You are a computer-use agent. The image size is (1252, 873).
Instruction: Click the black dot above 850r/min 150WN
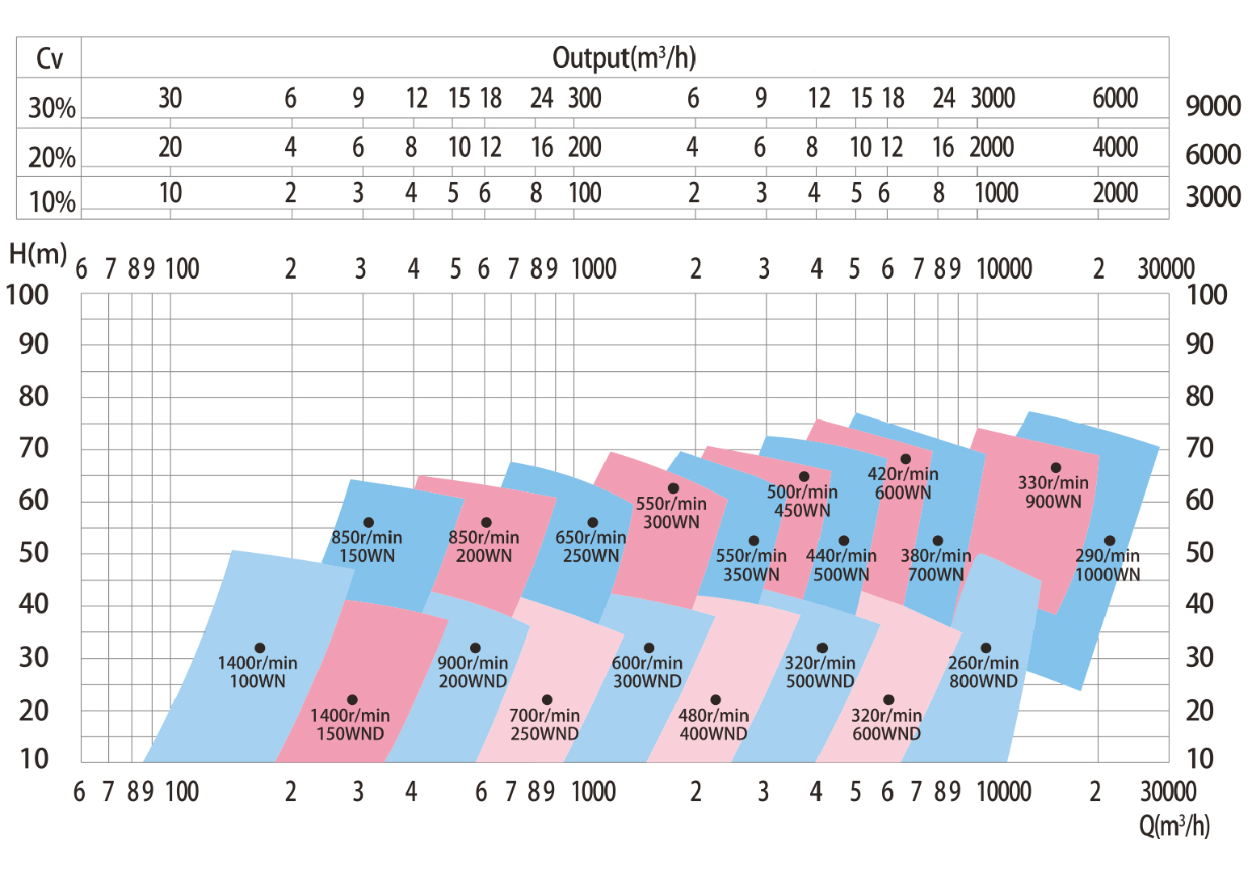368,523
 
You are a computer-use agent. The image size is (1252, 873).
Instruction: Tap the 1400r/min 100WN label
258,672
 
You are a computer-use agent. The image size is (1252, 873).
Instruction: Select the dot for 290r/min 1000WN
1109,541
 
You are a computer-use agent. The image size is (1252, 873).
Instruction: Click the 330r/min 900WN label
1053,492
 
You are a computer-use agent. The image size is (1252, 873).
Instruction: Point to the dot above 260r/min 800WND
985,648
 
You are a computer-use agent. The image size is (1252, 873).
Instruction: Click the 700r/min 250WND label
544,724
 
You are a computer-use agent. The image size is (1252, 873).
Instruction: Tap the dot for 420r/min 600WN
905,459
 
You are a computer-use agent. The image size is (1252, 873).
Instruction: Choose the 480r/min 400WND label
713,724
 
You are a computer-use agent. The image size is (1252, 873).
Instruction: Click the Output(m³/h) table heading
624,57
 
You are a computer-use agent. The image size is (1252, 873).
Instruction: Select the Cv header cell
48,58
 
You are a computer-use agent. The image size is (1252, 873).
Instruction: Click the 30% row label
52,108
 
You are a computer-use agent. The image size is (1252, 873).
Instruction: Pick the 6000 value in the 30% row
1115,99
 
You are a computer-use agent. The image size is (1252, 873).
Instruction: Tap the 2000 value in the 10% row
1115,193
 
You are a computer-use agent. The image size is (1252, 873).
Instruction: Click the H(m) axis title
37,254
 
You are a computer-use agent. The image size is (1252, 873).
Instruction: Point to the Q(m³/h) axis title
1174,825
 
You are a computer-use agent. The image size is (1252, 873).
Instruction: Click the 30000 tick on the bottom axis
1167,791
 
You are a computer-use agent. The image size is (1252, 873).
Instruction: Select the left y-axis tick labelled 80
33,396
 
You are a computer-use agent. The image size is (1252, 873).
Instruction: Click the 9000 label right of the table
1212,106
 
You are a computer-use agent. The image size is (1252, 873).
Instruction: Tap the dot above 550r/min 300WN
673,488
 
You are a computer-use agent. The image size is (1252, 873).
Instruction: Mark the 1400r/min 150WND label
350,724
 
